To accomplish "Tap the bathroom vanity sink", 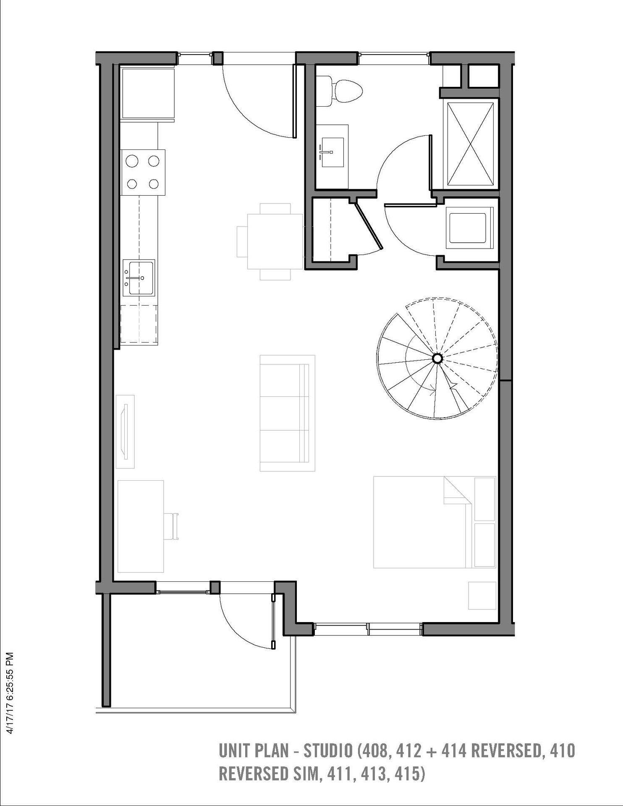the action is pyautogui.click(x=333, y=151).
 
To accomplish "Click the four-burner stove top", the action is pyautogui.click(x=143, y=173).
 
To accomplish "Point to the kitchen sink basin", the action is pyautogui.click(x=139, y=277).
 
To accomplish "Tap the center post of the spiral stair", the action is pyautogui.click(x=437, y=358).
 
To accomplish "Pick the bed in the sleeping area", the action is pyautogui.click(x=435, y=522).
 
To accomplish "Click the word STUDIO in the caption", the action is pyautogui.click(x=328, y=751).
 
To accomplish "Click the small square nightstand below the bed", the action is pyautogui.click(x=482, y=595).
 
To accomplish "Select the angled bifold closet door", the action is pyautogui.click(x=368, y=225).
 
